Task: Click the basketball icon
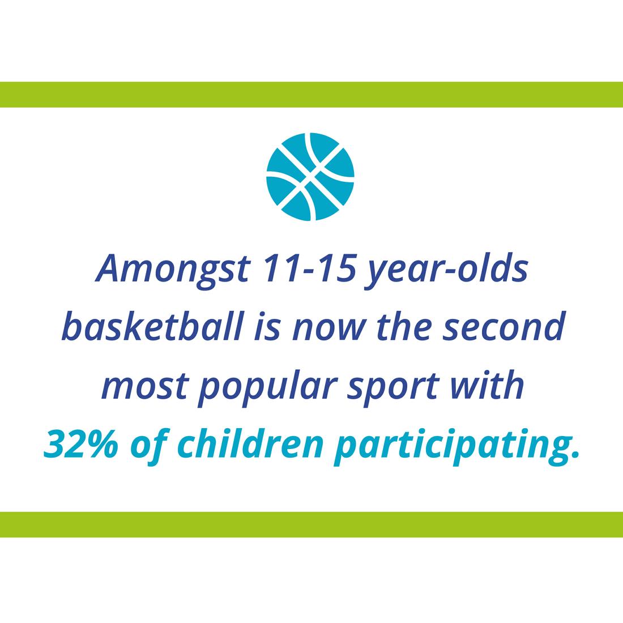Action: (310, 176)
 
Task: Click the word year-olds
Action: (446, 270)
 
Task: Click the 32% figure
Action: (81, 443)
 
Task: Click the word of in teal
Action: (148, 446)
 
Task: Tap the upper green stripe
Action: (311, 95)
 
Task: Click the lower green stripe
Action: (311, 524)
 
